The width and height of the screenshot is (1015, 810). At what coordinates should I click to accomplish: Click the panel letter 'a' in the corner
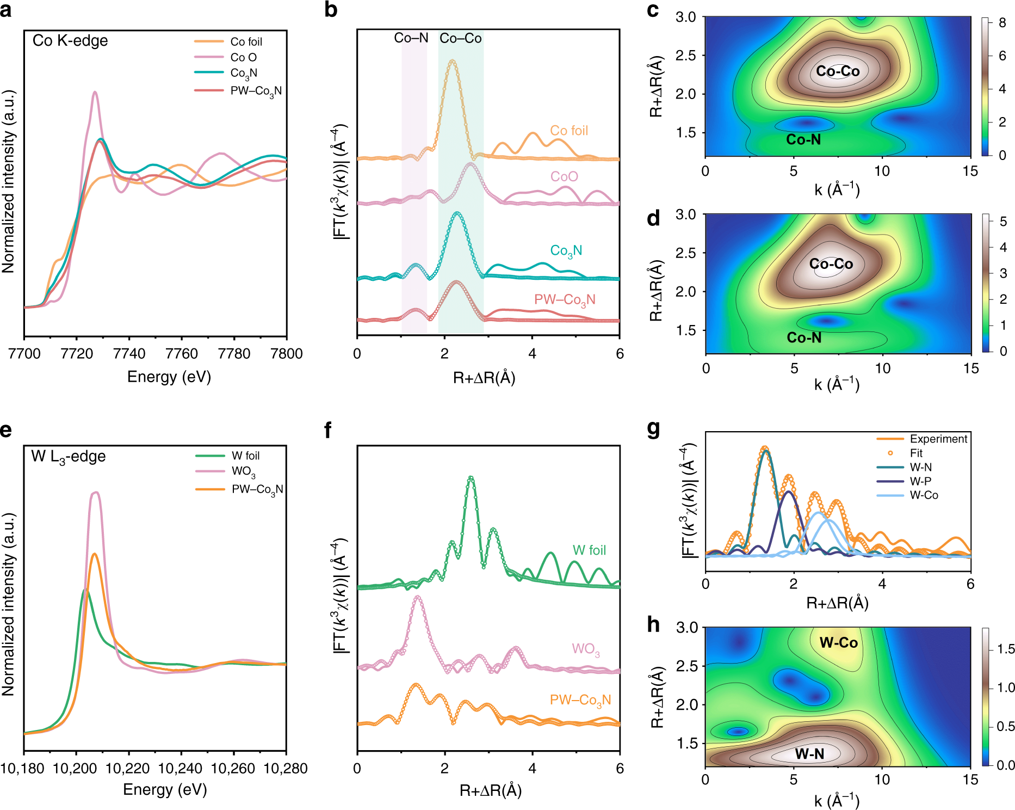point(6,10)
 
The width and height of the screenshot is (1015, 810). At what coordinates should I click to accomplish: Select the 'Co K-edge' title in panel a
point(70,41)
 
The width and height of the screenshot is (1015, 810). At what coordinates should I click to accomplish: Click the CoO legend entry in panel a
point(243,57)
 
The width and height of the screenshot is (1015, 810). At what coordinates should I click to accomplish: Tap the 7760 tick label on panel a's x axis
point(181,354)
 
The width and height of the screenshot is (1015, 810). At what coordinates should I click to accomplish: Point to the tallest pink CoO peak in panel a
point(95,93)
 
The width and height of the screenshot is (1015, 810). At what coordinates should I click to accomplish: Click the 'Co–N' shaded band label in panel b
point(411,38)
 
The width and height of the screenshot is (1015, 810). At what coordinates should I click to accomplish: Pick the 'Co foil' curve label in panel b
point(569,131)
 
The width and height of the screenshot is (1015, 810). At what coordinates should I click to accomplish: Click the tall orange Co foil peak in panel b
point(452,60)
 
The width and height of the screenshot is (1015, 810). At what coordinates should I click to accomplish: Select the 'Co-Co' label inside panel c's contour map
point(838,71)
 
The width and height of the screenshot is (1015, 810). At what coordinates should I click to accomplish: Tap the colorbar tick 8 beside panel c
point(1002,23)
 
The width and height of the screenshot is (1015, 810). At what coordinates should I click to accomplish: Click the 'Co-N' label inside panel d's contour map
point(804,338)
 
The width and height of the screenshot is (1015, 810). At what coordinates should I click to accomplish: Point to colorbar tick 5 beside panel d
point(1003,222)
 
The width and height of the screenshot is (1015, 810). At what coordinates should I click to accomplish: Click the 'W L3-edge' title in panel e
point(69,456)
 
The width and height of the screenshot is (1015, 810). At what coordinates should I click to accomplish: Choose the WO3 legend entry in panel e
point(243,471)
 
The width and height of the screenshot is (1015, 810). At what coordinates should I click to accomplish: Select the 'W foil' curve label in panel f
point(589,550)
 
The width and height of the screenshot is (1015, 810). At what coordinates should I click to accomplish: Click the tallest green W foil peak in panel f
point(471,477)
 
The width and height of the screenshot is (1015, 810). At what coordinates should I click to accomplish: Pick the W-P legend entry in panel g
point(920,481)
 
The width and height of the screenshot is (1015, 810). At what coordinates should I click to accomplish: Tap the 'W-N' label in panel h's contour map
point(809,754)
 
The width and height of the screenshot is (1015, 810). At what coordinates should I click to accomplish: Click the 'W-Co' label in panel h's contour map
point(838,643)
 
